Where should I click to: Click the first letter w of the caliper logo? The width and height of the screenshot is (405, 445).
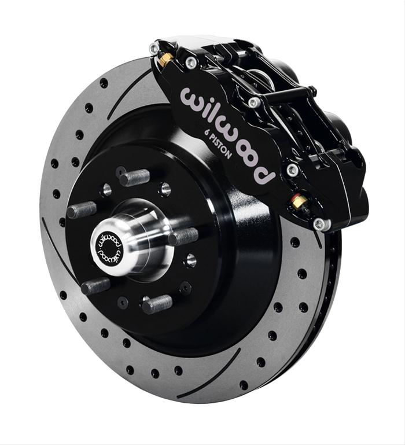pyautogui.click(x=193, y=98)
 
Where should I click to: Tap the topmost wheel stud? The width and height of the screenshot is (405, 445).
pyautogui.click(x=134, y=177)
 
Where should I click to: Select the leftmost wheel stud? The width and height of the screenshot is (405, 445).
pyautogui.click(x=82, y=210)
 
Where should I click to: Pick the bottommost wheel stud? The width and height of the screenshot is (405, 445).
pyautogui.click(x=156, y=303)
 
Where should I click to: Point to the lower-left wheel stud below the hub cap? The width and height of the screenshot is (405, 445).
pyautogui.click(x=95, y=285)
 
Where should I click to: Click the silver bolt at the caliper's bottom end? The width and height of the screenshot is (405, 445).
pyautogui.click(x=319, y=223)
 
